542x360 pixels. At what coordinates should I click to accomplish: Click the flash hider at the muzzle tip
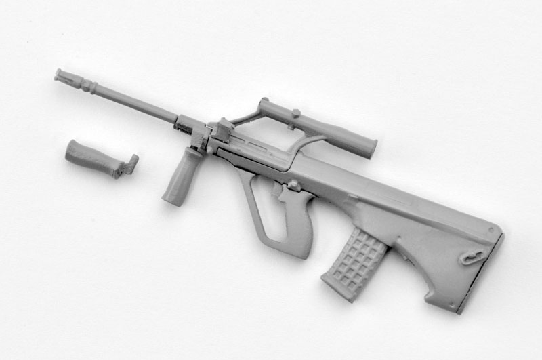click(x=66, y=76)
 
